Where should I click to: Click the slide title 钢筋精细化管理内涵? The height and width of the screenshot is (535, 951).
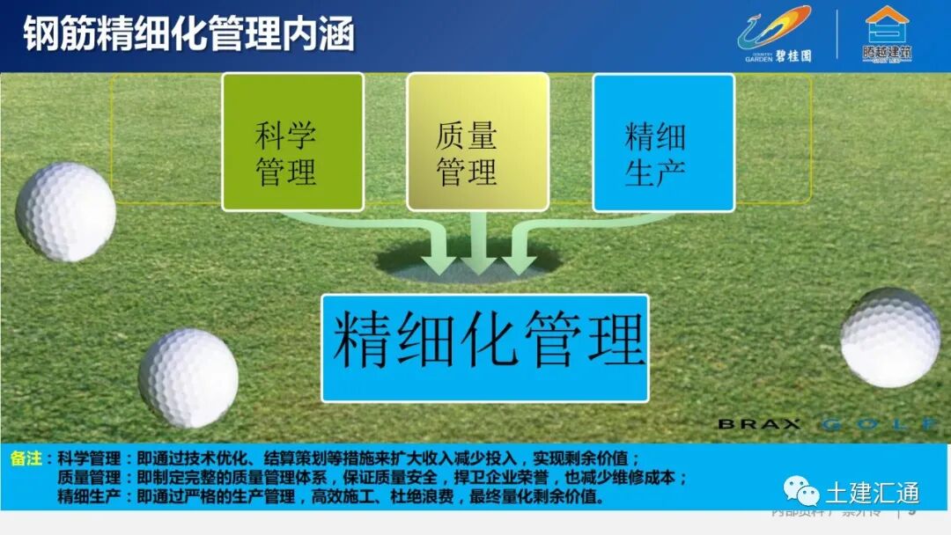click(x=188, y=35)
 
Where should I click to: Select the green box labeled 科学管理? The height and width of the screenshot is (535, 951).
click(x=292, y=143)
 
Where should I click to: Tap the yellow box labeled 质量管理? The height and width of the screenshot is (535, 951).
click(x=477, y=143)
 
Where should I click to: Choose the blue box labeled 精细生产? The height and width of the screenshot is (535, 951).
click(x=663, y=143)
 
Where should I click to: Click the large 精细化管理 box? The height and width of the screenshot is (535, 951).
click(x=485, y=348)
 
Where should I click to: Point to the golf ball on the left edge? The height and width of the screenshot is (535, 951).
click(x=65, y=211)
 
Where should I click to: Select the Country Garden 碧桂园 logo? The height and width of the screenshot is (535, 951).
click(x=775, y=35)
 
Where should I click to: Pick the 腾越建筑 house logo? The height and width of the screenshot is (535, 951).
click(x=886, y=35)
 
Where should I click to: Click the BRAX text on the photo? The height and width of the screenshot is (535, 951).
click(x=758, y=424)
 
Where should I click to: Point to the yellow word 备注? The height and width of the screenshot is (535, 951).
click(x=27, y=458)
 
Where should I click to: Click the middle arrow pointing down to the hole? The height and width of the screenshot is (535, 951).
click(x=478, y=246)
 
